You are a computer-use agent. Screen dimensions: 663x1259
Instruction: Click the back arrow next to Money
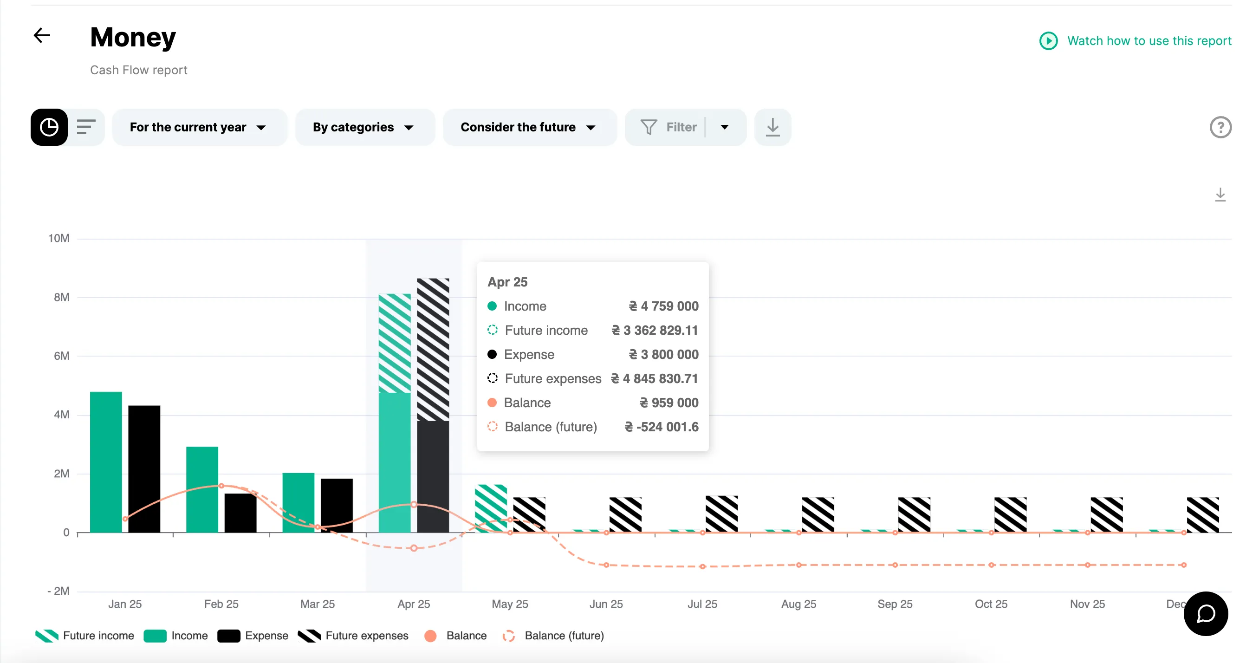42,35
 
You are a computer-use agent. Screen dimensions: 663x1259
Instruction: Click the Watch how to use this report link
1148,40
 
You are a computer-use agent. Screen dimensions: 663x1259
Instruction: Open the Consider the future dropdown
528,127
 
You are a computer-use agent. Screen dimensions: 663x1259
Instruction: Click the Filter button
669,127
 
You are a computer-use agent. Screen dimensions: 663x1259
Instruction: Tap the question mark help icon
1220,127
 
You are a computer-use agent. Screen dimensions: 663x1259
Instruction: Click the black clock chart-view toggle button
49,127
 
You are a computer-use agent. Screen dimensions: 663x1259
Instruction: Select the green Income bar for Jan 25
106,462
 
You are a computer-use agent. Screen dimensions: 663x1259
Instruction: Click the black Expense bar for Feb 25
240,513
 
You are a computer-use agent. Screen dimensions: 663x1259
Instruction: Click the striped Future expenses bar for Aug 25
818,514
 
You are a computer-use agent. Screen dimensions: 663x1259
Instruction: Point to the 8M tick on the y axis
62,297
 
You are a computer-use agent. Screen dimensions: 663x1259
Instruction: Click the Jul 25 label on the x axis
702,604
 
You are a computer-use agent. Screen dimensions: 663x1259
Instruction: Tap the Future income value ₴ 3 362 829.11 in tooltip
655,330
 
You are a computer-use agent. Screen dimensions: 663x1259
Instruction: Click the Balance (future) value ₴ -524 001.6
661,427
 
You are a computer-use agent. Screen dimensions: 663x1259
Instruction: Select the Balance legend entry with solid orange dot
456,636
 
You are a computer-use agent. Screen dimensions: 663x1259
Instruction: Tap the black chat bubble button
1205,614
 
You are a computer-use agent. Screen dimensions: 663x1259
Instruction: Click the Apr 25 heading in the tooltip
507,282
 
